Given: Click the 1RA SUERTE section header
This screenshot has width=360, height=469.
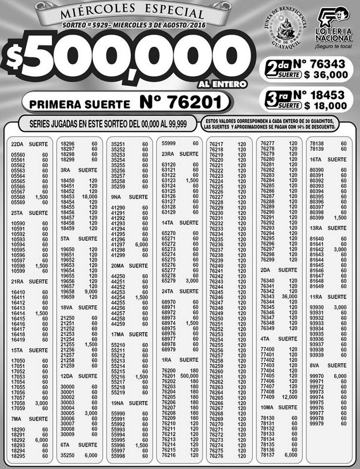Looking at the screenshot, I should (x=180, y=359).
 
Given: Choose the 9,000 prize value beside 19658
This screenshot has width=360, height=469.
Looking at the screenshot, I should (x=89, y=292).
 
